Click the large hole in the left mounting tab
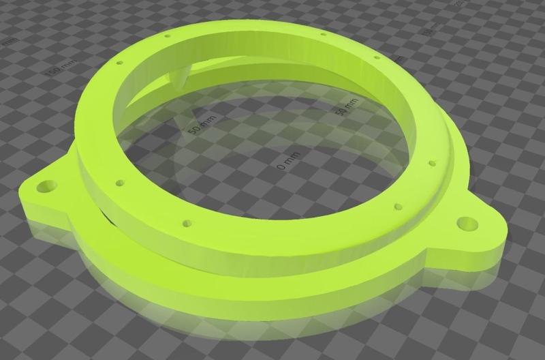48,185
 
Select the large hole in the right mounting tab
466,222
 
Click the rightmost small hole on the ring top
431,163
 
